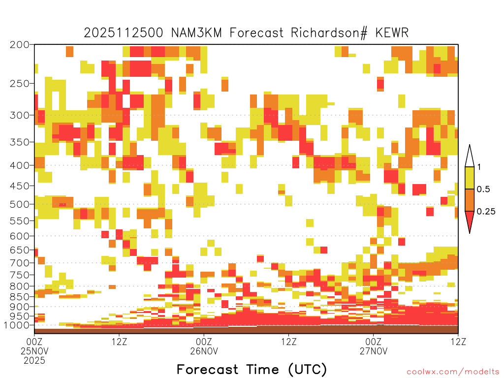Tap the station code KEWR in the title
pos(392,33)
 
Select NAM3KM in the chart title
pos(196,33)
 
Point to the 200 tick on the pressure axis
pos(19,45)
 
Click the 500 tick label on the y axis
pos(19,204)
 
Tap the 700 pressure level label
pos(19,263)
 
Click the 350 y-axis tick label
pos(19,142)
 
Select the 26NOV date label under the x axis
pos(204,351)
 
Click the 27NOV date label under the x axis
pos(374,351)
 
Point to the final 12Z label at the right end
pos(458,342)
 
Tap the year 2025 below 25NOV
pos(34,361)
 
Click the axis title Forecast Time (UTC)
pos(252,370)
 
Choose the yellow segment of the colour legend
pos(470,178)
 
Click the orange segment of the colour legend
pos(470,200)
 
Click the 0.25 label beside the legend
pos(486,212)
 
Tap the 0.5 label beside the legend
pos(483,189)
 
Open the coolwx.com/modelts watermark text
pos(453,372)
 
